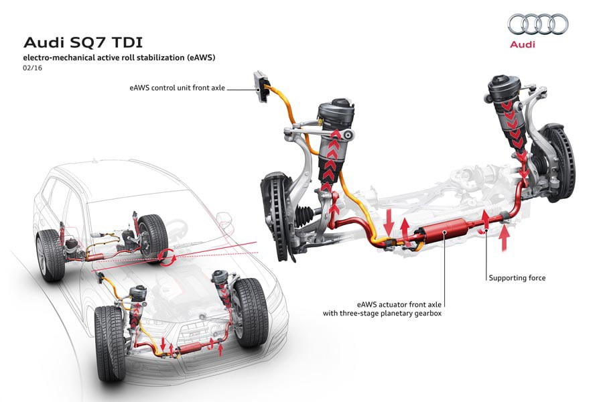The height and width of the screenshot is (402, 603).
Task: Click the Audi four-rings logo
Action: pos(538,25)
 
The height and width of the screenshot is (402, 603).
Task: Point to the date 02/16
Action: pos(31,68)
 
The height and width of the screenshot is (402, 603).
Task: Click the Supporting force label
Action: pos(517,277)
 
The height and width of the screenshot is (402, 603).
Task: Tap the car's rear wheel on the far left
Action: pos(50,255)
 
